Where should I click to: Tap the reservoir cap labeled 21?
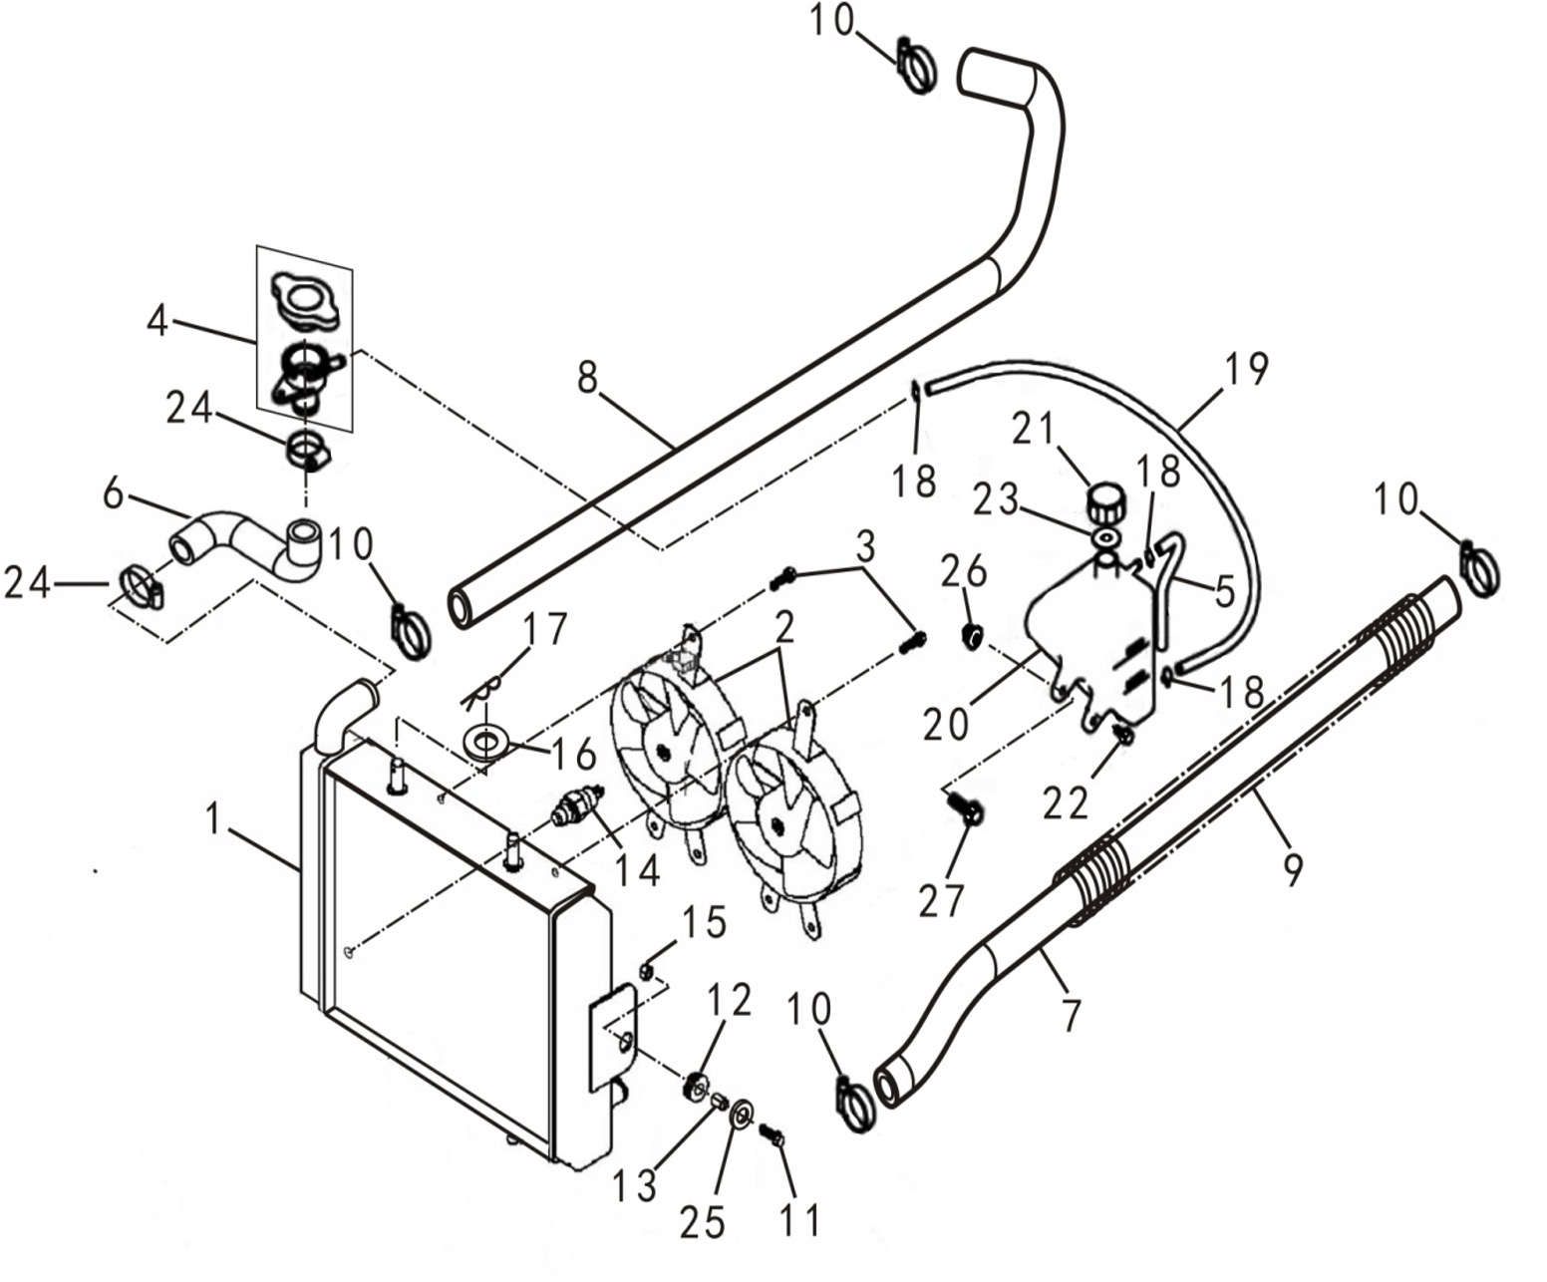[x=1104, y=501]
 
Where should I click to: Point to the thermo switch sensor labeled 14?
[x=577, y=803]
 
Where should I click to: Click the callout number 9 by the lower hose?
[x=1292, y=869]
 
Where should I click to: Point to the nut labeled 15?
[x=645, y=970]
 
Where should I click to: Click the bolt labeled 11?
[x=773, y=1135]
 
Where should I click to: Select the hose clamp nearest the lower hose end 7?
[x=855, y=1105]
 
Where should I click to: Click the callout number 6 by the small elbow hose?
[x=113, y=492]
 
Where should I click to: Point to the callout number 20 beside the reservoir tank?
[x=945, y=724]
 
